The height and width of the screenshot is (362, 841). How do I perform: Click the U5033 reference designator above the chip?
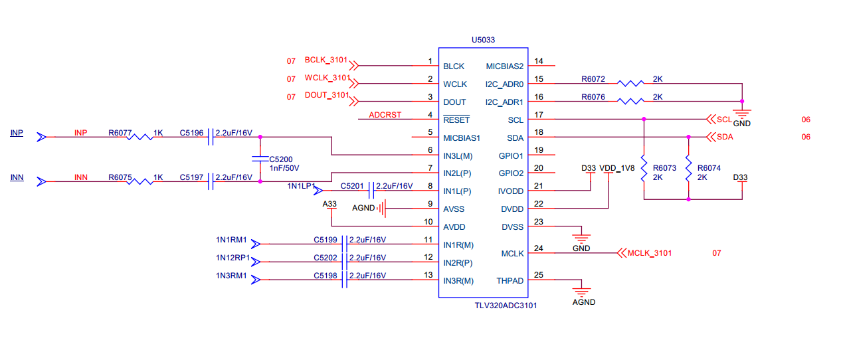[x=483, y=40]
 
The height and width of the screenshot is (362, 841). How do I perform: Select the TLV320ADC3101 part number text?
[x=506, y=306]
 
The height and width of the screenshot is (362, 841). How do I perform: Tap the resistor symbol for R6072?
[x=631, y=84]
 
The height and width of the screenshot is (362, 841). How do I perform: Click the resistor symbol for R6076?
[x=631, y=102]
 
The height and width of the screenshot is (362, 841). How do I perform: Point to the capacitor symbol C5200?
[x=260, y=159]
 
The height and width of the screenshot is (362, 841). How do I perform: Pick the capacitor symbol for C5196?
[x=211, y=137]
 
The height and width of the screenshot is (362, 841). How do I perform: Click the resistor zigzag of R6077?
[x=140, y=137]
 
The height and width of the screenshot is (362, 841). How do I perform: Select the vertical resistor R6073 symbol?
[x=644, y=169]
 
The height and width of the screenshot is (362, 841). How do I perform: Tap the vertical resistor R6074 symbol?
[x=688, y=169]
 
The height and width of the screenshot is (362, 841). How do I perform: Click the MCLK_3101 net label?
[x=650, y=253]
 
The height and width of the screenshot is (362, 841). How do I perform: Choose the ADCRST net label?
[x=385, y=115]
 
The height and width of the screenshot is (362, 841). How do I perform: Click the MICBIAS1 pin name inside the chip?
[x=462, y=138]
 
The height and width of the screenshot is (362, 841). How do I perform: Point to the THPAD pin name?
[x=510, y=281]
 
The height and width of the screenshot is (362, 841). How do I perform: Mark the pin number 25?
[x=538, y=275]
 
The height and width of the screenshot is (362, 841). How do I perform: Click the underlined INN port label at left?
[x=17, y=177]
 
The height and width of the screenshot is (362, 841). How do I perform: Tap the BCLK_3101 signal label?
[x=326, y=60]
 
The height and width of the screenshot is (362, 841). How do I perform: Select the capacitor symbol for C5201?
[x=371, y=191]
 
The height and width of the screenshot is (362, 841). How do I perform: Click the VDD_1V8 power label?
[x=617, y=168]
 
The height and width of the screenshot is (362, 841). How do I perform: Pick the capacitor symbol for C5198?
[x=345, y=280]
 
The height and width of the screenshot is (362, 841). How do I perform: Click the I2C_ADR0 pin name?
[x=504, y=84]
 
